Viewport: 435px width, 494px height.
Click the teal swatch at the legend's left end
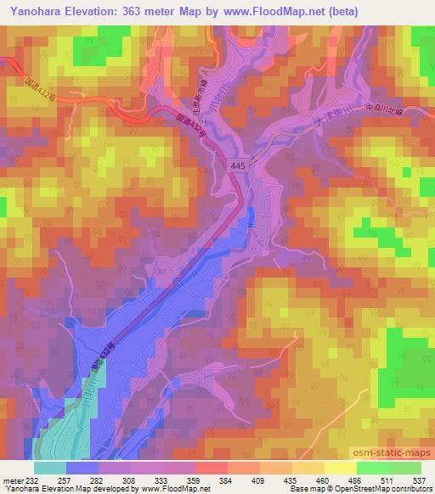coord(50,467)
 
